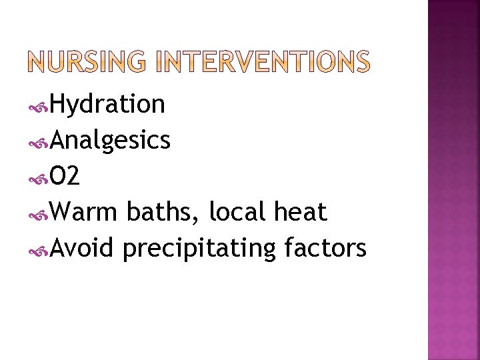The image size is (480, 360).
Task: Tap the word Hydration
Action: pos(107,105)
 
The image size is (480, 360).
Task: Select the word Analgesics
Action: pos(110,141)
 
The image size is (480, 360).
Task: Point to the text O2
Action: pos(65,177)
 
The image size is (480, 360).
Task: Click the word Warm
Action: pos(83,213)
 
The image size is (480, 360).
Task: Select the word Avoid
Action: pos(83,249)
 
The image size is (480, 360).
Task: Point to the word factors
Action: pos(325,249)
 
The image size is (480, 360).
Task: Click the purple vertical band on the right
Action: pos(453,180)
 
